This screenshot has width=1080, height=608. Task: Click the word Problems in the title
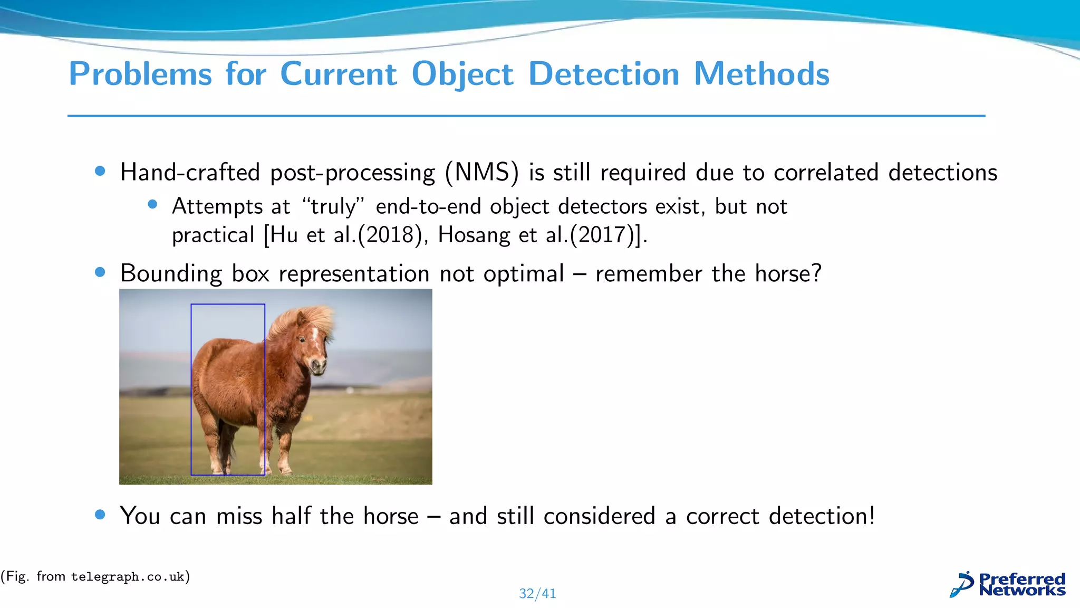pos(140,74)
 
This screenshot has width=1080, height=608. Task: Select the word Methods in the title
pos(761,74)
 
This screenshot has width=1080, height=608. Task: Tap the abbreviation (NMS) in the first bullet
pos(481,173)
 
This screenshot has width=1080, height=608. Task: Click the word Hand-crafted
pos(190,173)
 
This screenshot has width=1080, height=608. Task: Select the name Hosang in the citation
pos(474,235)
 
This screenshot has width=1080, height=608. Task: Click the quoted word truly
pos(333,206)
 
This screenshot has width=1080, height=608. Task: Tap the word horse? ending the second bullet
pos(788,273)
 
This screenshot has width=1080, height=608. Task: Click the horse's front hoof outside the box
pos(286,470)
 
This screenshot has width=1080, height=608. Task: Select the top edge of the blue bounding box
pos(228,305)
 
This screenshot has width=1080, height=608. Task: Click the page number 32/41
pos(537,594)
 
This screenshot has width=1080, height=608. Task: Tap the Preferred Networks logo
pos(1007,585)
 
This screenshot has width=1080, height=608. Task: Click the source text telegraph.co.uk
pos(127,577)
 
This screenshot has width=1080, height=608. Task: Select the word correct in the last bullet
pos(722,516)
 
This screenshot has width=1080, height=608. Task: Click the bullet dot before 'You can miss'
pos(100,515)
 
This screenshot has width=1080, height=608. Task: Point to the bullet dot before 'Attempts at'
pos(153,204)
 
